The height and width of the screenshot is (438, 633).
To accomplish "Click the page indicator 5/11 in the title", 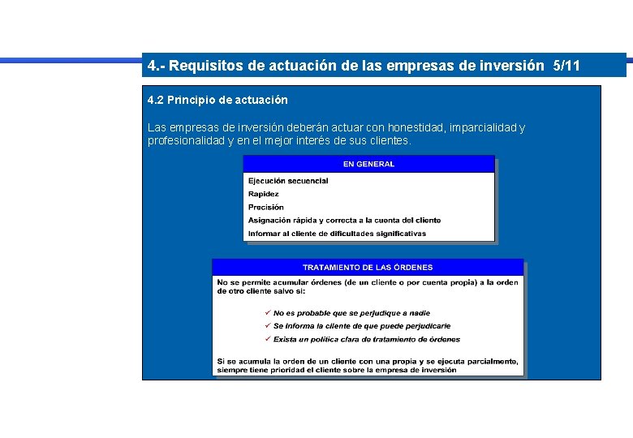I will (566, 66).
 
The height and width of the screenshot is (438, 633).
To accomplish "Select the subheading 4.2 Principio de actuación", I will (217, 100).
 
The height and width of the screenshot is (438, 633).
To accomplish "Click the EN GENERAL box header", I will (368, 164).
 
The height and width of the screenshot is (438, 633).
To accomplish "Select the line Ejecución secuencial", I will (288, 181).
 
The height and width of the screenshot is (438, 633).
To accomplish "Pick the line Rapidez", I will (264, 194).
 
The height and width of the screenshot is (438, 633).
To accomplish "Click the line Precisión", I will (266, 207).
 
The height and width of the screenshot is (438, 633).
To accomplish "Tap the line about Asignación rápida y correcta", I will (345, 220).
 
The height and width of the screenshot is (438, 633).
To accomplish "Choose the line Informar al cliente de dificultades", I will (337, 234).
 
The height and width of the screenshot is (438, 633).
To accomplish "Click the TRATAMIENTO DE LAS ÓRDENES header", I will (368, 267).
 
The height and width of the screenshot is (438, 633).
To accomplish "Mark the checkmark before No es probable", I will (268, 313).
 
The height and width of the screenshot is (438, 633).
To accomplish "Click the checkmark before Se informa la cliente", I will (268, 326).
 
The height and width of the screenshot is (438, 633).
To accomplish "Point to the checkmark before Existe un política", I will (268, 339).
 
